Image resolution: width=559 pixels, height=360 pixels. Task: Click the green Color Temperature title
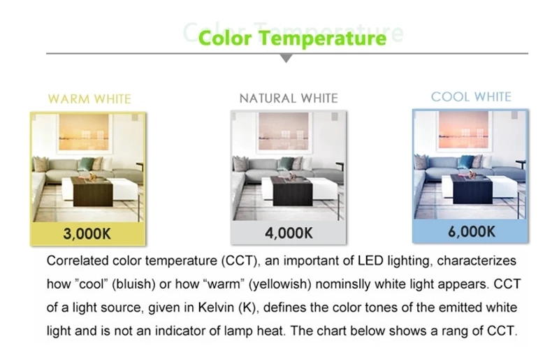tap(292, 38)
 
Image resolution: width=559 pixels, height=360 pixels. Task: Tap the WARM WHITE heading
tap(89, 99)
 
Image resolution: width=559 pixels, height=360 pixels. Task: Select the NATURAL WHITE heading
tap(289, 98)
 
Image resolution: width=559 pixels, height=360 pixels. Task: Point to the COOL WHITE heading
tap(471, 96)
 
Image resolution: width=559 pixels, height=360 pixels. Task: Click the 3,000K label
tap(87, 234)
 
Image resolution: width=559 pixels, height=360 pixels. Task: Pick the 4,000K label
tap(289, 233)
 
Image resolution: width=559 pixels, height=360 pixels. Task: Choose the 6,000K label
tap(472, 232)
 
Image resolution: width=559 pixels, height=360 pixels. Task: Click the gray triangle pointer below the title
tap(286, 58)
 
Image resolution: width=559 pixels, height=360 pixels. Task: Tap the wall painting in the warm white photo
tap(84, 132)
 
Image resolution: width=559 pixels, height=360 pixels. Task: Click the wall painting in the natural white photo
tap(284, 131)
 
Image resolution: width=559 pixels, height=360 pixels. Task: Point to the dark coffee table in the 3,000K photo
tap(92, 192)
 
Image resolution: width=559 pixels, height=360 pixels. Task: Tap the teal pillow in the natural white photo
tap(285, 164)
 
